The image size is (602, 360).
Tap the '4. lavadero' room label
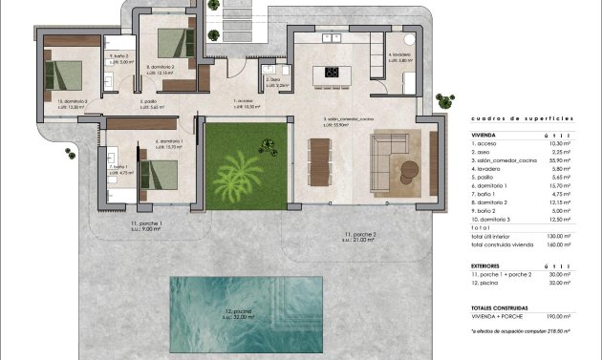click(399, 55)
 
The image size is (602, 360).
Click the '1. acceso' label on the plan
click(244, 100)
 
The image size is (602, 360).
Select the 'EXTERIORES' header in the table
click(487, 266)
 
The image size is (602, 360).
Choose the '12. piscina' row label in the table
click(485, 284)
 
